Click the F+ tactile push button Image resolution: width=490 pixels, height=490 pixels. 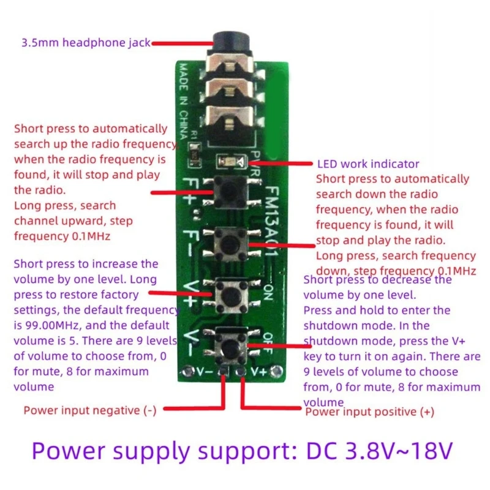228,192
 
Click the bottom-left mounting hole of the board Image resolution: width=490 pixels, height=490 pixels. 184,371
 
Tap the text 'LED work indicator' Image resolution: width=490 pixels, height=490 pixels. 368,164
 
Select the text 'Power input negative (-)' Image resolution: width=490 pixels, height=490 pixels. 89,410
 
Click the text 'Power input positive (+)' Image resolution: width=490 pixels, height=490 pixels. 369,412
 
